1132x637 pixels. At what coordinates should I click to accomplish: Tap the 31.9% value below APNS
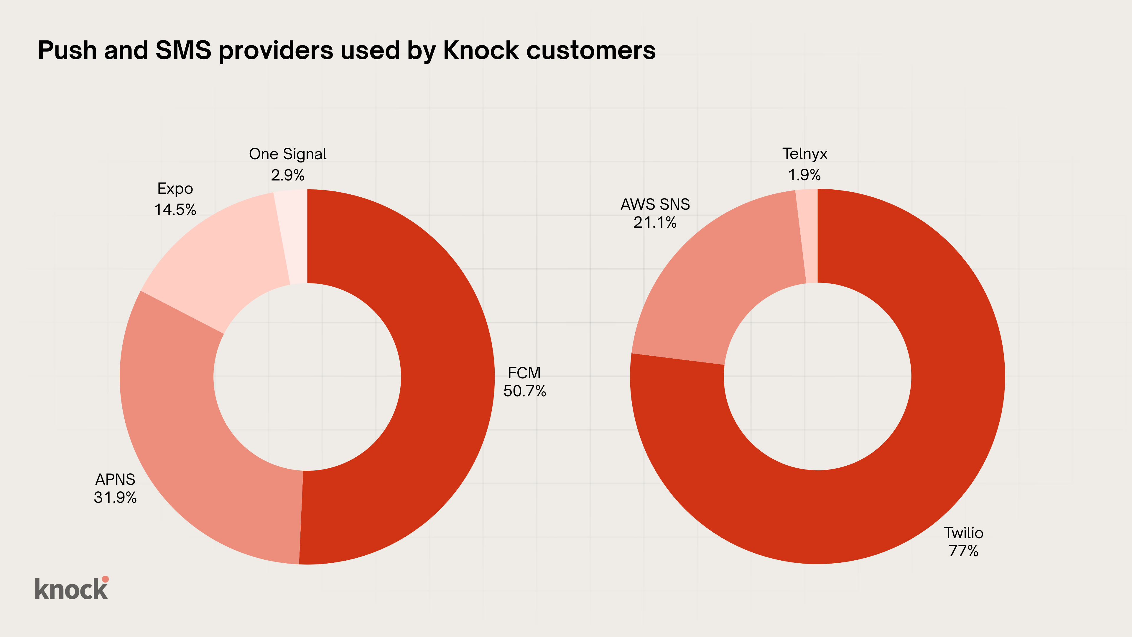point(115,497)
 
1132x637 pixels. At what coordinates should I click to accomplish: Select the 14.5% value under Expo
point(175,210)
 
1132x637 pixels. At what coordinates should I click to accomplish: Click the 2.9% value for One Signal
point(287,175)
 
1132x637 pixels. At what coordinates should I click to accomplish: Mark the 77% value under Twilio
point(963,551)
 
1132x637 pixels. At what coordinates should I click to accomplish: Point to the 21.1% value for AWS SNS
point(655,222)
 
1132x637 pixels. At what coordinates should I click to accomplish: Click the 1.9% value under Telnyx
point(804,175)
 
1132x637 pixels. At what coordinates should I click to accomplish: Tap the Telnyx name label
point(804,154)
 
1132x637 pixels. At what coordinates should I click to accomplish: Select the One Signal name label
point(287,154)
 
